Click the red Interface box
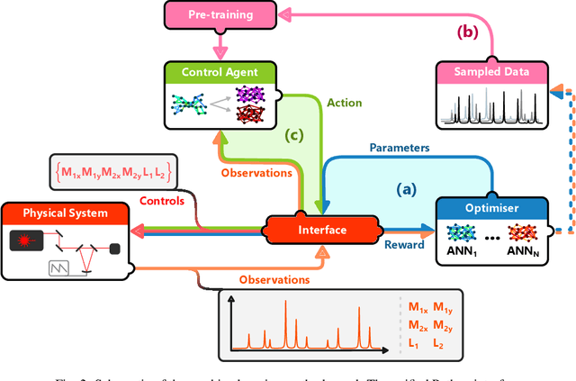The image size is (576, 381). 323,230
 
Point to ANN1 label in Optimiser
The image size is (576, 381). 461,251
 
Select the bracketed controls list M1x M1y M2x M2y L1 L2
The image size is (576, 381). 112,171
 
